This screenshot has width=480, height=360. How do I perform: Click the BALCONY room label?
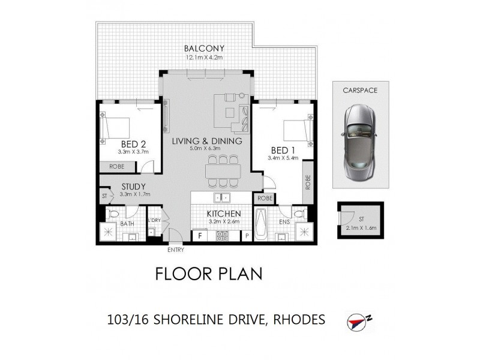[204, 48]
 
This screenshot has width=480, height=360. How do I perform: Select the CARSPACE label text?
[361, 91]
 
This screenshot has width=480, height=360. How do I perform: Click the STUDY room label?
[134, 187]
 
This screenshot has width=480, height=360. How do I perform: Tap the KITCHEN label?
[224, 214]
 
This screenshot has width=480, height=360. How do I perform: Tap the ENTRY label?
[176, 250]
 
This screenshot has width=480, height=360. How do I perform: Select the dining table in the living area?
[223, 172]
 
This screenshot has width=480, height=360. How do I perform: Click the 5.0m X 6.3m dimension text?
[206, 149]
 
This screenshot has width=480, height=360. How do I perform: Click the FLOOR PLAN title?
[209, 274]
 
